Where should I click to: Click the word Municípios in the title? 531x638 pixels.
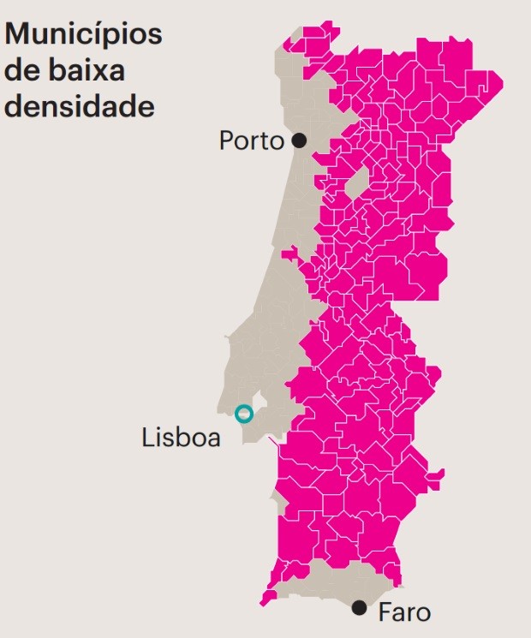(x=83, y=36)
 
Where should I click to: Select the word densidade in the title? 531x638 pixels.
(x=80, y=107)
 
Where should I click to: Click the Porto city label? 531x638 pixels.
(x=251, y=140)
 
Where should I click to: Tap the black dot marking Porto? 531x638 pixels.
(x=299, y=140)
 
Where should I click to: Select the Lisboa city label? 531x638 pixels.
(x=182, y=438)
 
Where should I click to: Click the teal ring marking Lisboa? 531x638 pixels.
(x=244, y=414)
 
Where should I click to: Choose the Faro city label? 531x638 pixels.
(x=403, y=613)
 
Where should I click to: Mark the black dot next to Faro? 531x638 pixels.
(x=360, y=608)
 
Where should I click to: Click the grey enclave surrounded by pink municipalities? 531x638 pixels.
(x=357, y=181)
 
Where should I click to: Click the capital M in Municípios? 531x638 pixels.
(x=18, y=36)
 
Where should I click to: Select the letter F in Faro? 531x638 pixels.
(x=384, y=613)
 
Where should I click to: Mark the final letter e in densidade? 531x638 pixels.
(x=146, y=107)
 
